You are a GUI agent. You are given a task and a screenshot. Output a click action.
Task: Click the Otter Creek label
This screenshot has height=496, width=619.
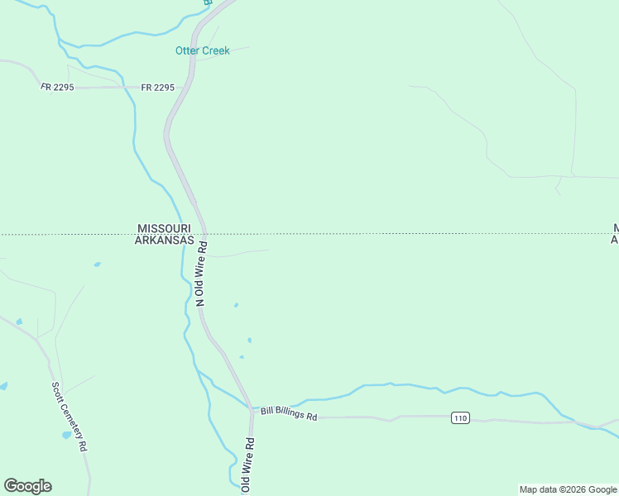click(203, 51)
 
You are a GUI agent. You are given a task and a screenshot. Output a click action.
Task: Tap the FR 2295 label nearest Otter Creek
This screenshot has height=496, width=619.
click(158, 87)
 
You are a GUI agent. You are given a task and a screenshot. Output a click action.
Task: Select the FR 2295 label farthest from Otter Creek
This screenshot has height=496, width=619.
click(57, 87)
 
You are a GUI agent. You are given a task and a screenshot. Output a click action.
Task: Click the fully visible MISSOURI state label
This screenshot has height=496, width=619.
click(164, 228)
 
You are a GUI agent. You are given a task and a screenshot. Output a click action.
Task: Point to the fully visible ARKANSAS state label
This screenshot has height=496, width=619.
click(164, 241)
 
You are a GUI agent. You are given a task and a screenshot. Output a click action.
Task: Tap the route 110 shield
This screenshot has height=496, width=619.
click(461, 418)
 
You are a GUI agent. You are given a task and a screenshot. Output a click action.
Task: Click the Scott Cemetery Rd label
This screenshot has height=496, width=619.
click(69, 415)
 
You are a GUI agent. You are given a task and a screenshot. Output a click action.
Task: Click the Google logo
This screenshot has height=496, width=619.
click(27, 486)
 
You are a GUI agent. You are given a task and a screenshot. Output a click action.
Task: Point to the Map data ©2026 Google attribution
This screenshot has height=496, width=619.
click(568, 489)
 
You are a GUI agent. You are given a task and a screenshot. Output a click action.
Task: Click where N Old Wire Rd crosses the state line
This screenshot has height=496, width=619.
click(204, 234)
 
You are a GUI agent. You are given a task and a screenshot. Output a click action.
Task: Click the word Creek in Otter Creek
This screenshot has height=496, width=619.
click(216, 51)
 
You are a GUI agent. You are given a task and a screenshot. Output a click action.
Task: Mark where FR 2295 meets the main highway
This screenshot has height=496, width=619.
click(177, 87)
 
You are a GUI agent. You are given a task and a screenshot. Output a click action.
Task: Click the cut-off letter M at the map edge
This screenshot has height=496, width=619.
click(616, 228)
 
